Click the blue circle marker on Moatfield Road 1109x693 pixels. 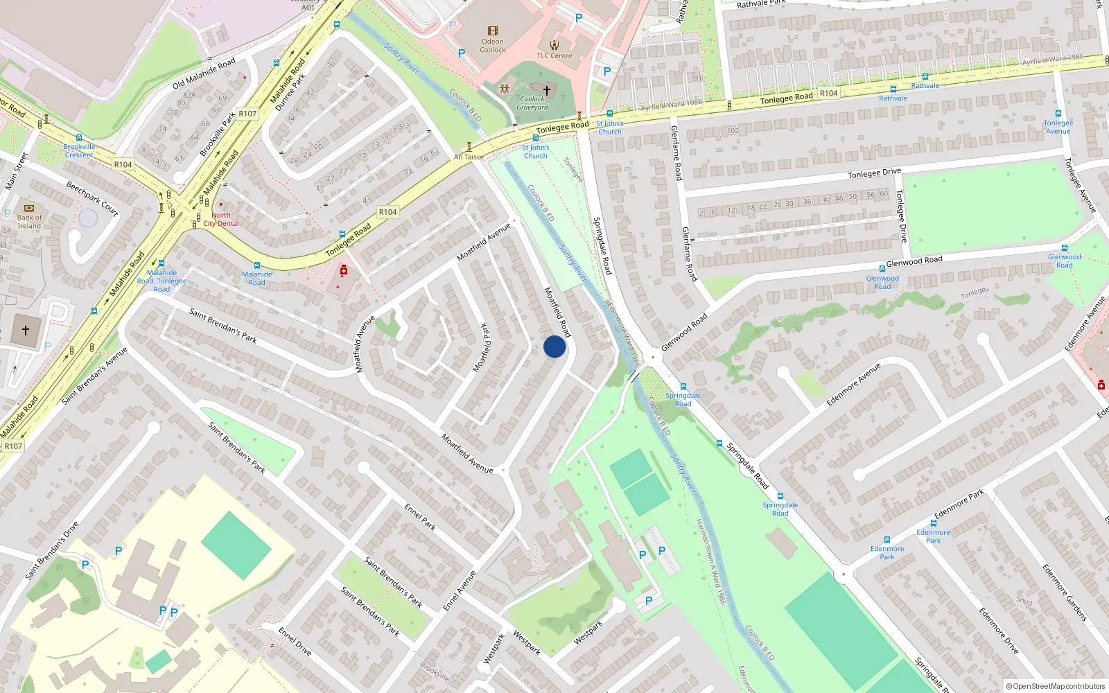(x=554, y=346)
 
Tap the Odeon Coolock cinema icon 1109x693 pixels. (x=492, y=31)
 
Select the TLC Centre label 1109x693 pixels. (x=554, y=56)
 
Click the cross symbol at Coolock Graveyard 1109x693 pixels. (x=547, y=90)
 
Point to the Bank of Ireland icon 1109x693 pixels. (x=29, y=208)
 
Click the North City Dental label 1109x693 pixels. (x=221, y=219)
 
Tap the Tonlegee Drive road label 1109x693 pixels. (x=874, y=173)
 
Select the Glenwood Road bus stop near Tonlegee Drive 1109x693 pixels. (x=882, y=269)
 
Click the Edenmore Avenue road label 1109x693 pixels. (x=853, y=384)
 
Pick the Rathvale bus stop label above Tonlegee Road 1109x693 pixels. (x=925, y=86)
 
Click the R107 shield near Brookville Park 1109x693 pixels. (x=247, y=114)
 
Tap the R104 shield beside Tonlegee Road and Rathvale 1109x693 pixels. (x=828, y=93)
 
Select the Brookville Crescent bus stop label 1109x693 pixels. (x=79, y=150)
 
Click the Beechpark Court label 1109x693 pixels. (x=92, y=198)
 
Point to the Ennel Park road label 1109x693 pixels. (x=420, y=517)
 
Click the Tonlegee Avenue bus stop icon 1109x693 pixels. (x=1058, y=114)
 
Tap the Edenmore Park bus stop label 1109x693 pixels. (x=887, y=552)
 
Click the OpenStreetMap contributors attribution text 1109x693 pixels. (x=1056, y=686)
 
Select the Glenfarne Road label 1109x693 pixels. (x=676, y=152)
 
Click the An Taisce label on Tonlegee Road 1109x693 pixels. (x=469, y=157)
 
